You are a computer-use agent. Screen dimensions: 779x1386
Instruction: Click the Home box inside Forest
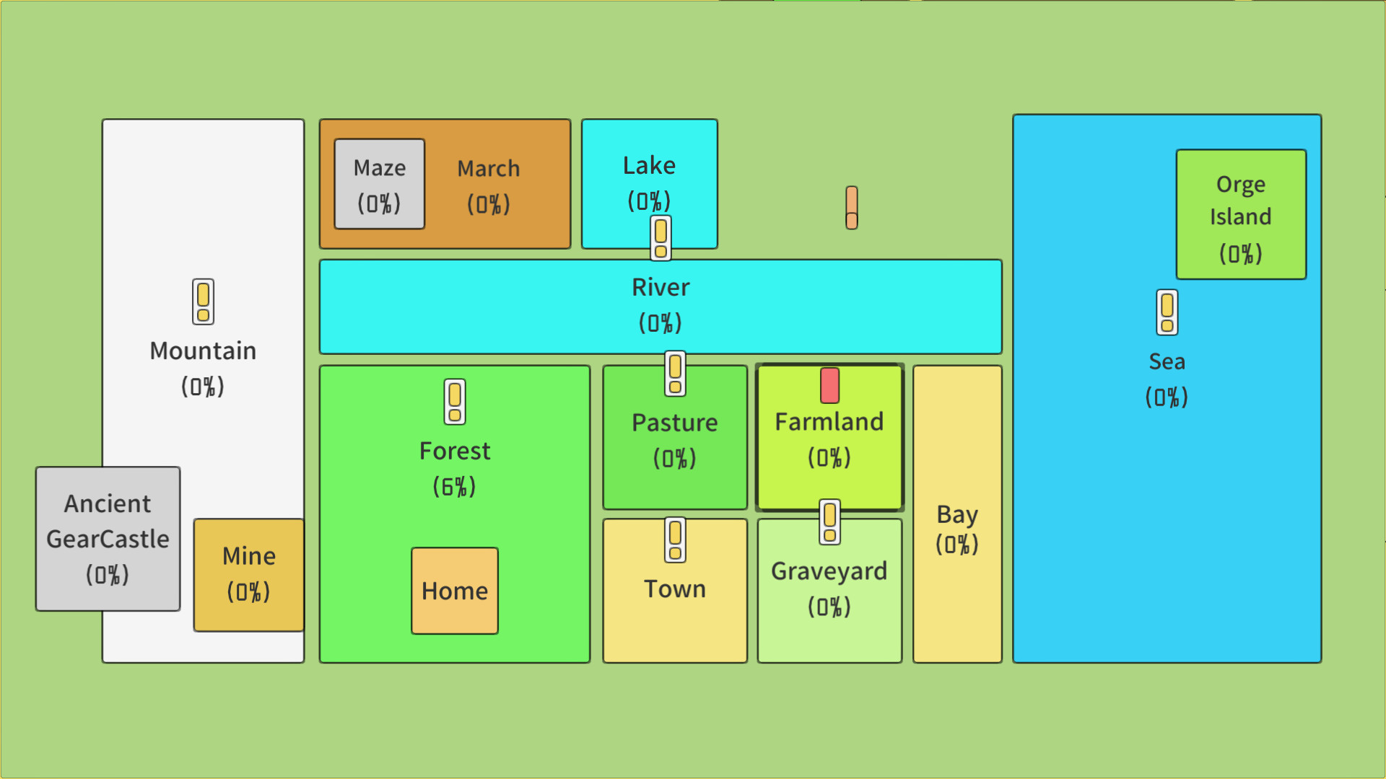pyautogui.click(x=455, y=591)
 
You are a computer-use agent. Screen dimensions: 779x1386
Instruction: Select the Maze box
pyautogui.click(x=380, y=184)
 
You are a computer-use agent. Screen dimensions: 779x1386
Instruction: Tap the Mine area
pyautogui.click(x=249, y=574)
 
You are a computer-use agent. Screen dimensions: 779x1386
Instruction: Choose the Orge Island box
pyautogui.click(x=1241, y=214)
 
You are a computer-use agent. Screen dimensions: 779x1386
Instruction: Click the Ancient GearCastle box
pyautogui.click(x=108, y=538)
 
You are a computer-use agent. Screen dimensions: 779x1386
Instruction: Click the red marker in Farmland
pyautogui.click(x=830, y=385)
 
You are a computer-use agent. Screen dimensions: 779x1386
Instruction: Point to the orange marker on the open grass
pyautogui.click(x=852, y=208)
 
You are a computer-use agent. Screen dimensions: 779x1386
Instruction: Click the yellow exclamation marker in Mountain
pyautogui.click(x=204, y=302)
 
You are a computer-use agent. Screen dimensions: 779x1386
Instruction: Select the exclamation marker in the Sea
pyautogui.click(x=1167, y=312)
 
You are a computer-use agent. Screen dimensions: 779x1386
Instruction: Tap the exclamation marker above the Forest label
pyautogui.click(x=455, y=402)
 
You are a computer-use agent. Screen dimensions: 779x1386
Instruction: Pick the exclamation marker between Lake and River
pyautogui.click(x=661, y=238)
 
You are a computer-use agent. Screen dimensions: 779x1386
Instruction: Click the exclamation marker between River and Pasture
pyautogui.click(x=675, y=374)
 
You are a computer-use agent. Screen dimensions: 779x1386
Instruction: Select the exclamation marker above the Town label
pyautogui.click(x=675, y=540)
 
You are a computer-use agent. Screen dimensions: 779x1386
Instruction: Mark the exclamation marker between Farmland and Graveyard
pyautogui.click(x=830, y=521)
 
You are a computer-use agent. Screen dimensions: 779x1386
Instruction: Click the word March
pyautogui.click(x=489, y=169)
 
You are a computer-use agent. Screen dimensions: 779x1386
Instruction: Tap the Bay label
pyautogui.click(x=957, y=514)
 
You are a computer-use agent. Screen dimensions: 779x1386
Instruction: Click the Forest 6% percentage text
pyautogui.click(x=454, y=487)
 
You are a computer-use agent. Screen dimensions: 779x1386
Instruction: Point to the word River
pyautogui.click(x=661, y=287)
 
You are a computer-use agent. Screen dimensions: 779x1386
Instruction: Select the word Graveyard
pyautogui.click(x=829, y=571)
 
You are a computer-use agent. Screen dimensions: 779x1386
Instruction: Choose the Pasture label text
pyautogui.click(x=675, y=423)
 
